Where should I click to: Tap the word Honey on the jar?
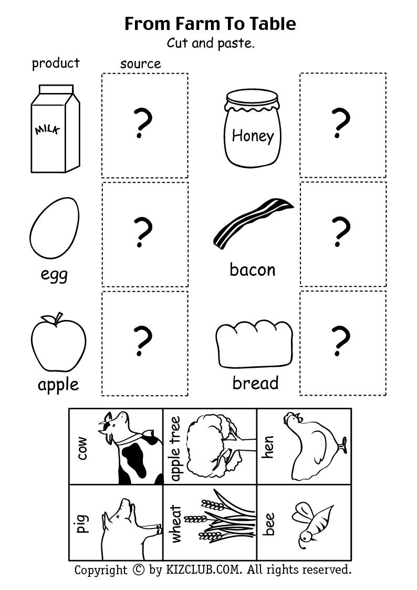pyautogui.click(x=253, y=136)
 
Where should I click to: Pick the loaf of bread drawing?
pyautogui.click(x=254, y=345)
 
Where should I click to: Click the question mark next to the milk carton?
pyautogui.click(x=142, y=124)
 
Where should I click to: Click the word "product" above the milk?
pyautogui.click(x=56, y=63)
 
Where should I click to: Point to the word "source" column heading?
pyautogui.click(x=140, y=64)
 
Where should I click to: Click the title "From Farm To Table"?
pyautogui.click(x=210, y=24)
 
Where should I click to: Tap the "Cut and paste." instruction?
pyautogui.click(x=211, y=43)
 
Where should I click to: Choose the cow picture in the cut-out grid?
pyautogui.click(x=131, y=447)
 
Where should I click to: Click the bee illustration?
pyautogui.click(x=311, y=522)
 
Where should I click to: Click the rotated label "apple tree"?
pyautogui.click(x=175, y=449)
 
